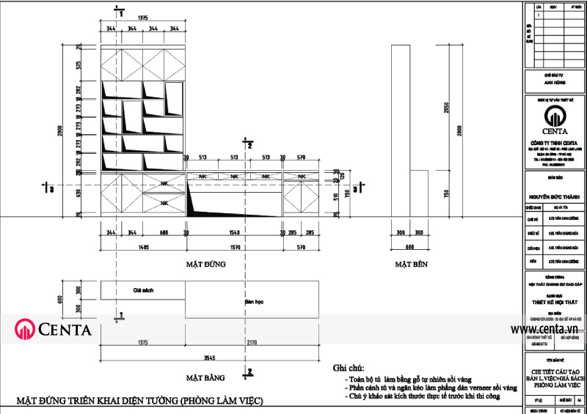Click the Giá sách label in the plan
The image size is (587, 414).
point(142,290)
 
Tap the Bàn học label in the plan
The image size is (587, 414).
point(253,301)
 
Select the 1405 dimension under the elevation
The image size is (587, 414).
point(142,248)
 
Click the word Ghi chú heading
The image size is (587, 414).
point(349,368)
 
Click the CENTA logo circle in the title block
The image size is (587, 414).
point(555,116)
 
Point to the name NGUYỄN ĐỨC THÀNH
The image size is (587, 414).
point(555,196)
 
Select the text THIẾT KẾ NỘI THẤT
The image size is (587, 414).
point(555,301)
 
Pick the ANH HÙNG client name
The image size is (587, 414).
point(555,84)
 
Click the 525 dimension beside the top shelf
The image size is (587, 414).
point(79,65)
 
